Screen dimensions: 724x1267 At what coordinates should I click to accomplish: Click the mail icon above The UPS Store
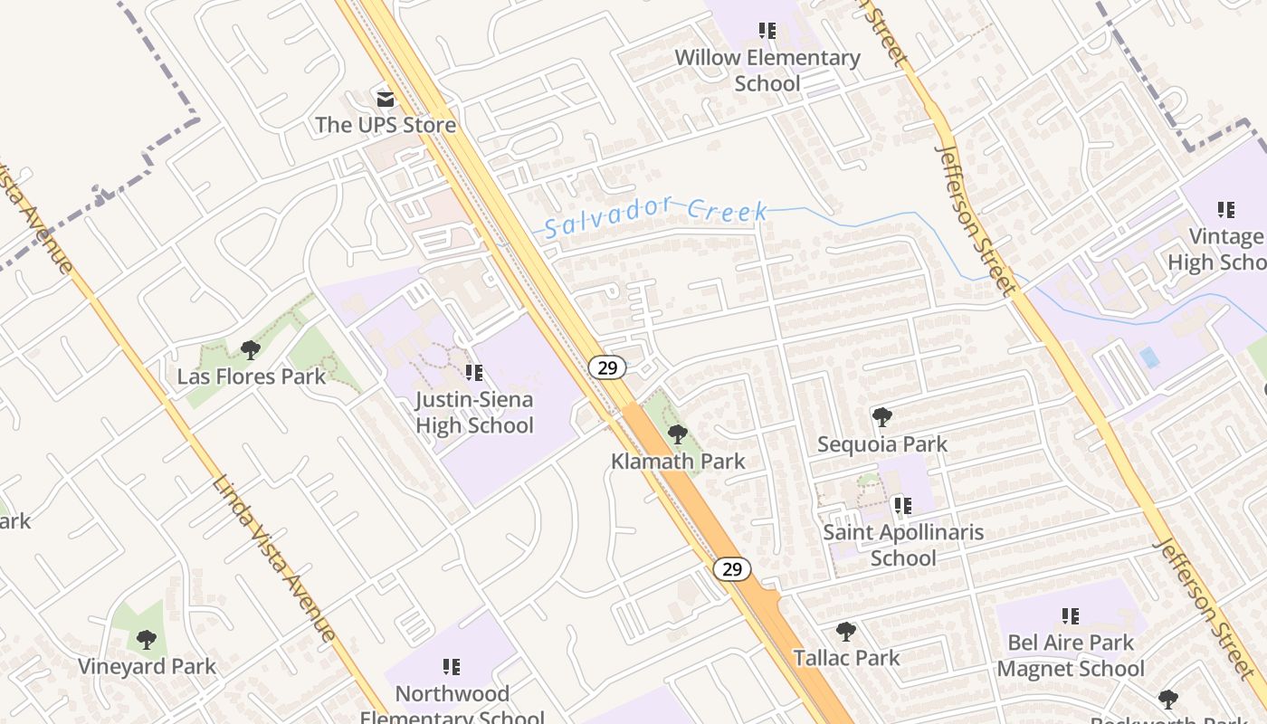(386, 99)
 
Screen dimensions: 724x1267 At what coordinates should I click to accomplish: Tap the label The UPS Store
(386, 125)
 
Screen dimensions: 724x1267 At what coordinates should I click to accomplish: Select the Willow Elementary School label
(767, 71)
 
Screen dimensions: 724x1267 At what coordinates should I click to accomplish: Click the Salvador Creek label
(656, 214)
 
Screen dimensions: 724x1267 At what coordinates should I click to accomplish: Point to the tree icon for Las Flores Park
(250, 349)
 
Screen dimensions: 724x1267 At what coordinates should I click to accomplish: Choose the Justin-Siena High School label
(474, 413)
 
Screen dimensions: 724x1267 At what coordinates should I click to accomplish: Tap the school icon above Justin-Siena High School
(473, 372)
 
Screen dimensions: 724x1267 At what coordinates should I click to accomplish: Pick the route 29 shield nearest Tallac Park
(731, 568)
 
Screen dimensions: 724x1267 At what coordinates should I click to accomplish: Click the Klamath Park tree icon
(677, 434)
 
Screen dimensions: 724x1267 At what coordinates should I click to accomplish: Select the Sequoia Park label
(882, 444)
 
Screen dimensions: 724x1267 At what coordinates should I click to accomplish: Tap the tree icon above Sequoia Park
(881, 416)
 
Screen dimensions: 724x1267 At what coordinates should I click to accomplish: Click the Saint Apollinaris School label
(903, 545)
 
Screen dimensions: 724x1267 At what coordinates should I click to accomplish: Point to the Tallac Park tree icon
(846, 631)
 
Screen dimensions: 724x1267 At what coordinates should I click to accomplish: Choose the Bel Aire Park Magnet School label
(1071, 656)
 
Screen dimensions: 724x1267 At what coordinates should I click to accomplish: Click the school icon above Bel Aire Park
(1071, 616)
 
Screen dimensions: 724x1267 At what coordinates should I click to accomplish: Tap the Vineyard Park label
(147, 667)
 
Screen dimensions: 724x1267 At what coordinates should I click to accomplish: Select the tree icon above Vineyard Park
(146, 640)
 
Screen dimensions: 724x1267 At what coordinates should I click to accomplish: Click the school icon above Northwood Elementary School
(452, 667)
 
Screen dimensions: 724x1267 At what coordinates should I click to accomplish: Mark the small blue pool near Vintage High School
(1149, 357)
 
